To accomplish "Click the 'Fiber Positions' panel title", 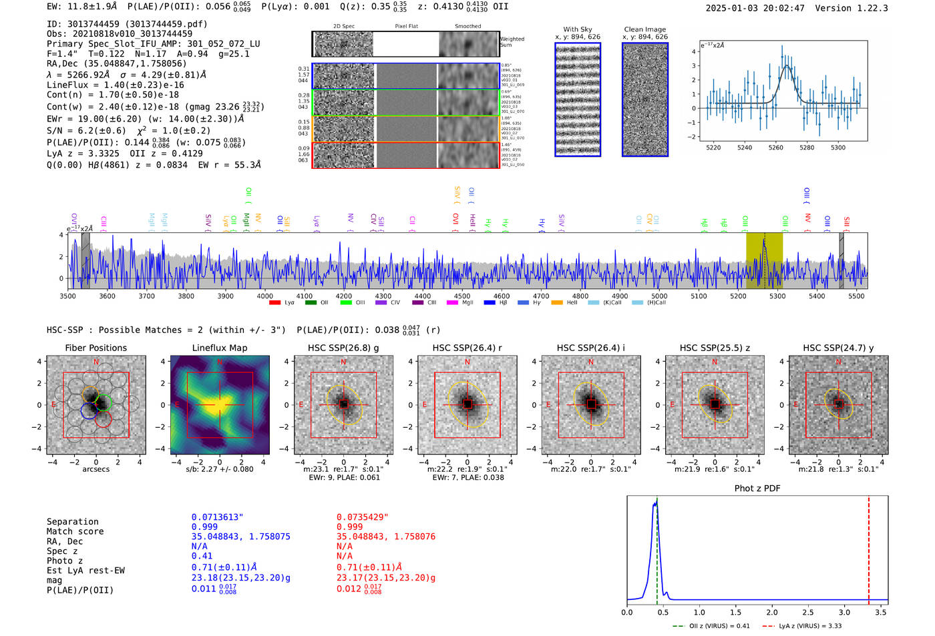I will (x=96, y=348).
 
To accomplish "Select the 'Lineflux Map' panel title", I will (x=219, y=348).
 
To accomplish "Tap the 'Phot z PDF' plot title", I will (x=757, y=488).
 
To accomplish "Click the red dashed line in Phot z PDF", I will (x=869, y=547).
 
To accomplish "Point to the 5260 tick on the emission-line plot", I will (x=775, y=147).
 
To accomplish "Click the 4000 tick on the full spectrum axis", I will (x=264, y=296).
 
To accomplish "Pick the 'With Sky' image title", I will (x=577, y=29).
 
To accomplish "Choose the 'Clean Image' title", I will (x=644, y=29).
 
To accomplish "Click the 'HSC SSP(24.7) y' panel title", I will (x=838, y=348).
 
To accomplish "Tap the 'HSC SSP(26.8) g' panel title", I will (x=343, y=348).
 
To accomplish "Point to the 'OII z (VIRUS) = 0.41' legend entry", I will (x=712, y=626).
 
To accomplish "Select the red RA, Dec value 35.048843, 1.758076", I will (x=385, y=537).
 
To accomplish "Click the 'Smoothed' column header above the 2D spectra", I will (x=467, y=27).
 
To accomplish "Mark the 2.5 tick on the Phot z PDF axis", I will (x=809, y=612).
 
